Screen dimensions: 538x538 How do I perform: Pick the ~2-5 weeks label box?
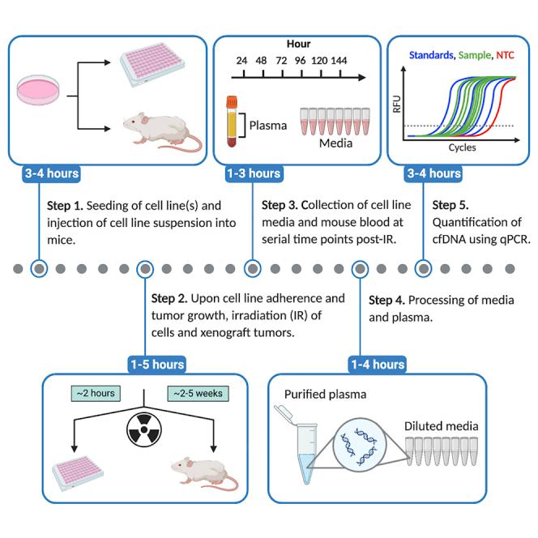pyautogui.click(x=196, y=394)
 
